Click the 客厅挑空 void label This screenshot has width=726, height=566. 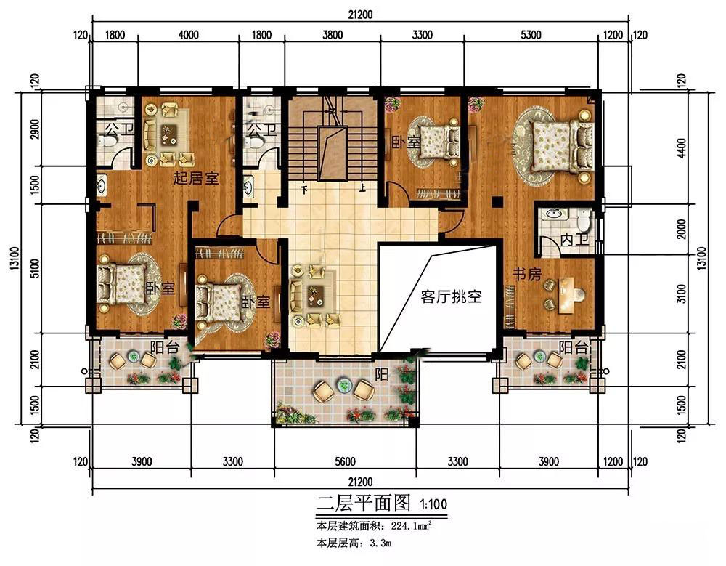tap(451, 296)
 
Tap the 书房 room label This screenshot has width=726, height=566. tap(527, 274)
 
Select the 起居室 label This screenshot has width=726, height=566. tap(196, 178)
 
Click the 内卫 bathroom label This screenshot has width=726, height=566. tap(574, 240)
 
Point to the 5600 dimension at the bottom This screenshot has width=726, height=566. tap(345, 461)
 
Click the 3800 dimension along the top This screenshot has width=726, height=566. tap(332, 35)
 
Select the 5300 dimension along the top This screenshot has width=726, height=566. tap(531, 35)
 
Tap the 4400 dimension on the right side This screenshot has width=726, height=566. tap(681, 148)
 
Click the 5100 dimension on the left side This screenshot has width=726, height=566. tap(35, 268)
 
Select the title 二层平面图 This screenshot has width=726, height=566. tap(364, 503)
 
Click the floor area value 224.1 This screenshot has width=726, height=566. tap(401, 527)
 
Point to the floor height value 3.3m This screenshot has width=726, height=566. tap(380, 543)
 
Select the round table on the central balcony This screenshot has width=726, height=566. tap(344, 385)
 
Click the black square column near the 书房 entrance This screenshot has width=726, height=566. tap(497, 202)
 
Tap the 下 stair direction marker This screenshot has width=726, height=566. tap(304, 189)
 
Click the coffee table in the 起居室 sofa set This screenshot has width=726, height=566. tap(167, 134)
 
